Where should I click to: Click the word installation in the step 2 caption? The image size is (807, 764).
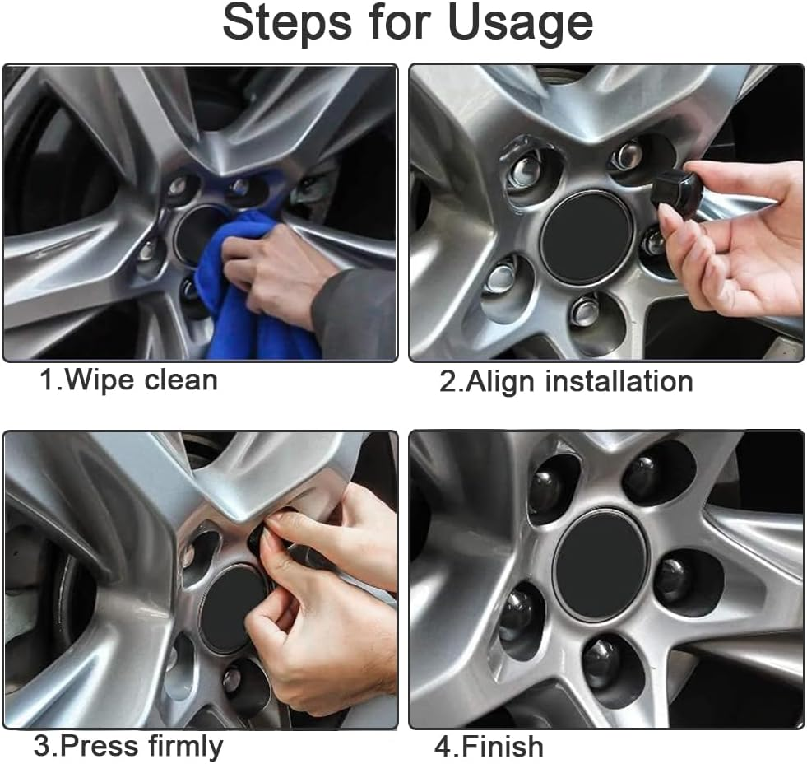pyautogui.click(x=619, y=382)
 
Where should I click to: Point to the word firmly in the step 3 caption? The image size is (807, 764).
pyautogui.click(x=186, y=746)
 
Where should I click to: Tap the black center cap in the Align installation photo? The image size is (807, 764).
pyautogui.click(x=586, y=237)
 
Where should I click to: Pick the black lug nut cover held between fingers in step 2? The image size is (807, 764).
pyautogui.click(x=679, y=189)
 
